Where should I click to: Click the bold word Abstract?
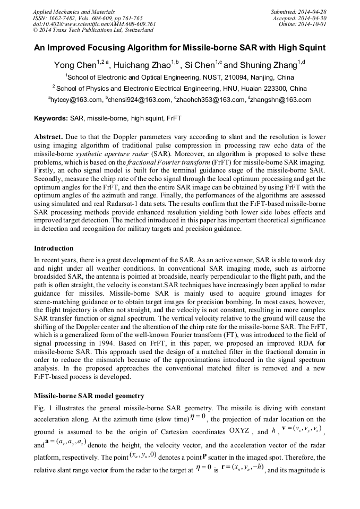click(49, 137)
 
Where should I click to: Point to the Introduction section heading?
click(54, 248)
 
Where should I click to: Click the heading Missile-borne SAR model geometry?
click(89, 396)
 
